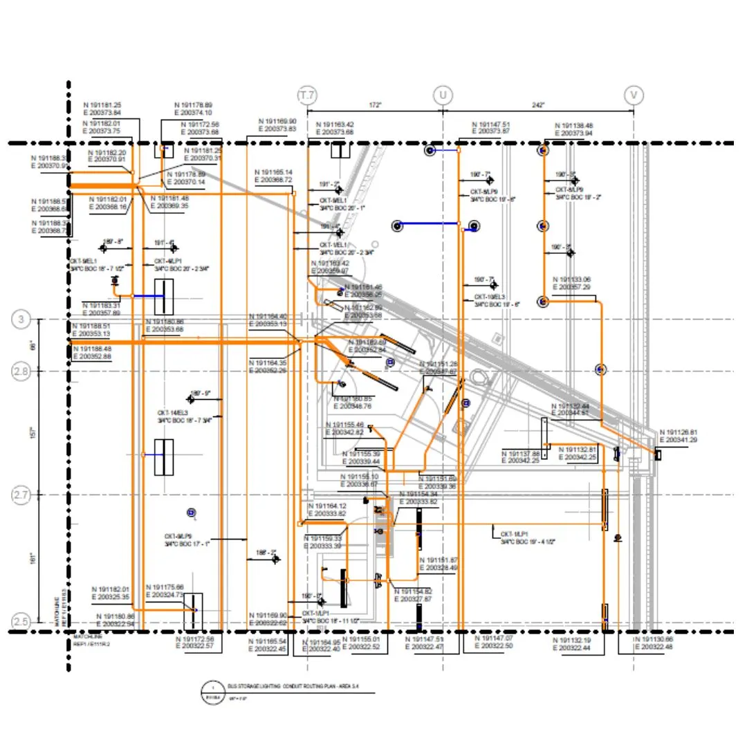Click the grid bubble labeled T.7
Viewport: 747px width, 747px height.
(306, 94)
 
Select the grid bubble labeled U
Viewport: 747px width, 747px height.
(442, 94)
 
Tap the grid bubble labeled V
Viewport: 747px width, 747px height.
(634, 94)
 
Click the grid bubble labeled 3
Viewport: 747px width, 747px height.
(21, 320)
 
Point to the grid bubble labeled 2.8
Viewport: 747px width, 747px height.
(21, 372)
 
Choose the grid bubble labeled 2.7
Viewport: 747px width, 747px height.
(21, 495)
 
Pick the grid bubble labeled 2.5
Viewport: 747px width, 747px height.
(21, 622)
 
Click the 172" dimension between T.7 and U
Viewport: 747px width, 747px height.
(374, 104)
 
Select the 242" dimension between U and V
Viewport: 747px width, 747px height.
(538, 104)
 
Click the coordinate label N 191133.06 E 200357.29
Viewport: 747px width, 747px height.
(572, 283)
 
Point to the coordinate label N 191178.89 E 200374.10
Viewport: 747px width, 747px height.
(193, 109)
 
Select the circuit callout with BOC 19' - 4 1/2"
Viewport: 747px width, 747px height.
(524, 537)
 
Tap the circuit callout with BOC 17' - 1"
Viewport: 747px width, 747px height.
(187, 540)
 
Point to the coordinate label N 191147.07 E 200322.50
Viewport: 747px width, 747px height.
(493, 642)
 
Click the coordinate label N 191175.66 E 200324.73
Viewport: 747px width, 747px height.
(165, 591)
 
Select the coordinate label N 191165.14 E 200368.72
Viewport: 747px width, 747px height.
(273, 176)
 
